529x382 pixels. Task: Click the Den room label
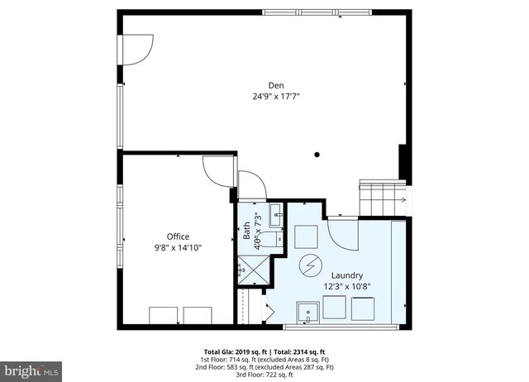pyautogui.click(x=276, y=85)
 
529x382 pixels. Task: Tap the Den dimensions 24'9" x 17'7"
pyautogui.click(x=276, y=96)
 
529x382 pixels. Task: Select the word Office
pyautogui.click(x=179, y=236)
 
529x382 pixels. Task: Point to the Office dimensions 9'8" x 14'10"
pyautogui.click(x=179, y=246)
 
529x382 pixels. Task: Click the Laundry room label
pyautogui.click(x=347, y=275)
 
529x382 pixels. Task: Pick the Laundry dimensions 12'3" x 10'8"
pyautogui.click(x=347, y=286)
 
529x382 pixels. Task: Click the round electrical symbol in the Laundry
pyautogui.click(x=311, y=266)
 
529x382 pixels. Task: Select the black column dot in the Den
pyautogui.click(x=317, y=154)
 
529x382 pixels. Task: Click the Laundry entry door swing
pyautogui.click(x=341, y=231)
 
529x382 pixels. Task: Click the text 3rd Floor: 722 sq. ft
pyautogui.click(x=264, y=375)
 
